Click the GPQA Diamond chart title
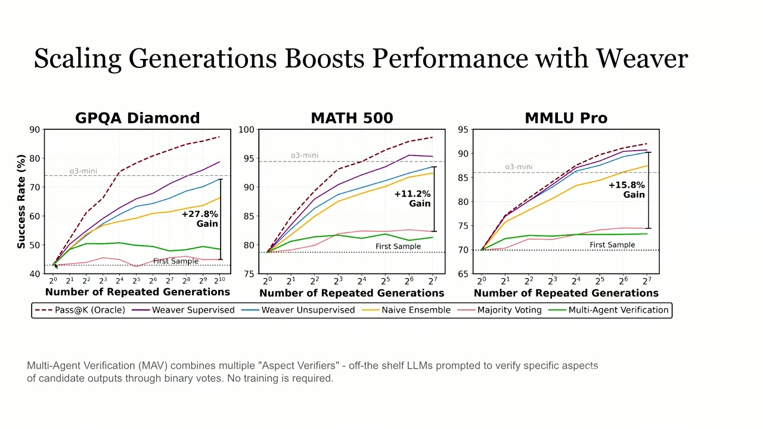point(137,118)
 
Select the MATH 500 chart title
point(352,118)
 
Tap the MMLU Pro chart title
point(566,118)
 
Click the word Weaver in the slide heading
point(643,58)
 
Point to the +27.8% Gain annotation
point(200,219)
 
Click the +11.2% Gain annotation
point(412,199)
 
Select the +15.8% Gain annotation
point(626,190)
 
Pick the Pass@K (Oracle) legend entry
point(80,310)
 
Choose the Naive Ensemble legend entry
point(406,310)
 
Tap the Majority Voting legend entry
point(500,310)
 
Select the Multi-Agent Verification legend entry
point(609,310)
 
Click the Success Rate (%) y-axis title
point(21,201)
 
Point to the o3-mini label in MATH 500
point(305,156)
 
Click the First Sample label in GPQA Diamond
point(176,261)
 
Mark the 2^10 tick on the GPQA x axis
point(219,281)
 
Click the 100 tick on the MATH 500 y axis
point(246,130)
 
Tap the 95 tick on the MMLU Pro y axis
point(463,130)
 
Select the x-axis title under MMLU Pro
point(566,293)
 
